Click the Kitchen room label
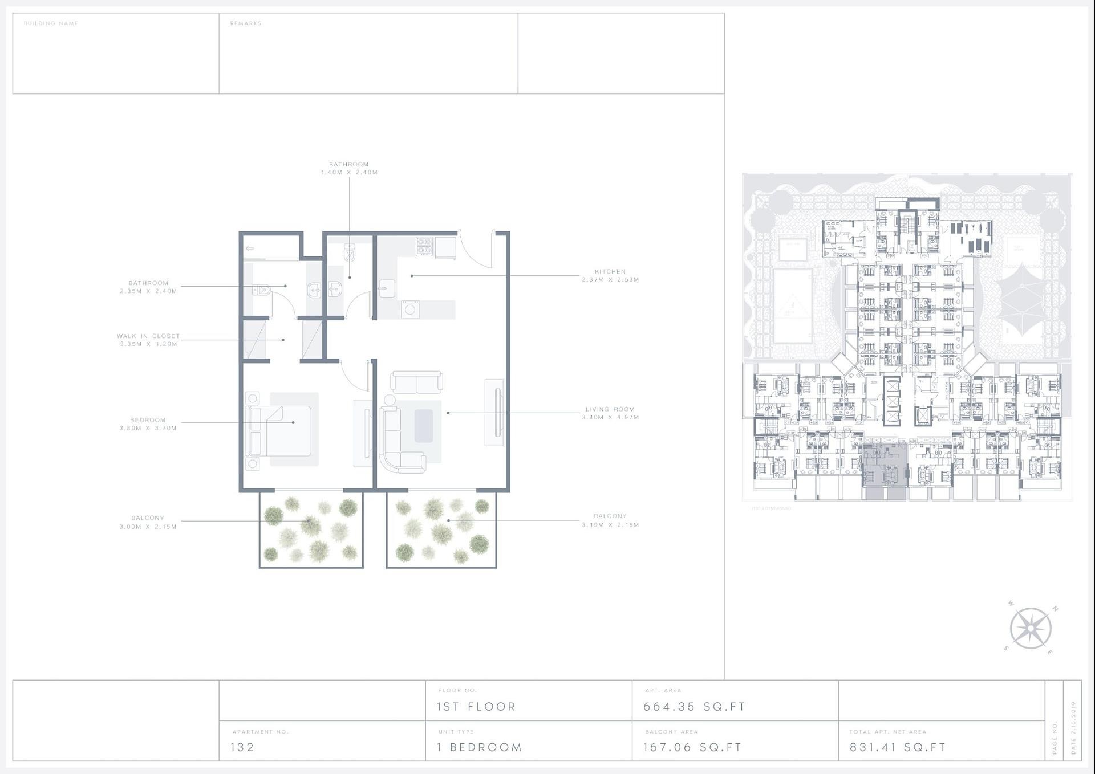point(610,272)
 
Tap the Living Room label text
point(610,409)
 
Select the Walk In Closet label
point(148,336)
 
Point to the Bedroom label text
point(148,420)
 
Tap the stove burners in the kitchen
point(424,247)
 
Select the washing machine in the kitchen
point(410,309)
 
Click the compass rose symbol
point(1031,628)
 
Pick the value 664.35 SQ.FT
point(694,707)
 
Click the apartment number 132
point(242,747)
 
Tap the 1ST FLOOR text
point(476,707)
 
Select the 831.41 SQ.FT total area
point(898,747)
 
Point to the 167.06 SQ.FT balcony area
point(692,747)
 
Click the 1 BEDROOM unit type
point(480,747)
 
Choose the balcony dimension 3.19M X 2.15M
point(610,525)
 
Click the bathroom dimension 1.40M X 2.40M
point(349,172)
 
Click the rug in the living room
point(423,426)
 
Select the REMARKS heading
point(246,23)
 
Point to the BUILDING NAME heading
point(51,23)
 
